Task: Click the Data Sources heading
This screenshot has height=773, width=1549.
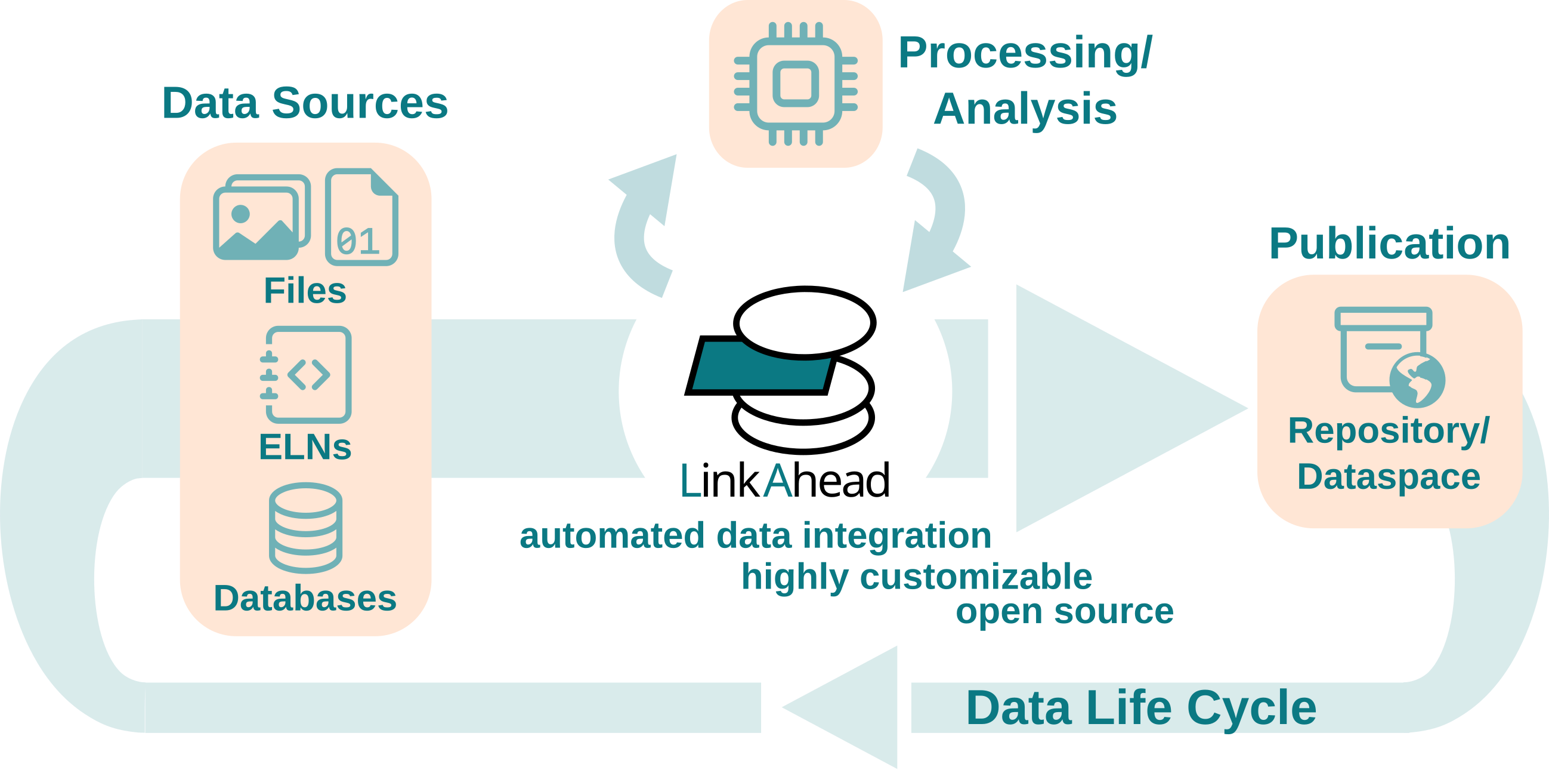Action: click(x=305, y=103)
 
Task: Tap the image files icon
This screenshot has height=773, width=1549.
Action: click(x=262, y=217)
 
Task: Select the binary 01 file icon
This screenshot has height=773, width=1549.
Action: click(x=361, y=217)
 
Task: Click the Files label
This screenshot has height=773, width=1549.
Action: click(x=305, y=291)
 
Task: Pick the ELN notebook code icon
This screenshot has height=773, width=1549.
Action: click(x=306, y=375)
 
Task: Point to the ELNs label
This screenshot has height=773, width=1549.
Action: click(x=305, y=448)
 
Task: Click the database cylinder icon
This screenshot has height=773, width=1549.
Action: click(x=305, y=528)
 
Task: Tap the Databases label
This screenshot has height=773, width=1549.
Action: click(x=305, y=599)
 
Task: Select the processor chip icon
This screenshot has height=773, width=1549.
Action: click(x=796, y=84)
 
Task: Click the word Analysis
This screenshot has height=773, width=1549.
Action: click(x=1025, y=109)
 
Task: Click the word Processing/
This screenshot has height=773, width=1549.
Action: click(x=1025, y=53)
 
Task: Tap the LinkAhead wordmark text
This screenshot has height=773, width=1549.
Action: click(x=785, y=481)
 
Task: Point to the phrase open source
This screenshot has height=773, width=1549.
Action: click(x=1064, y=612)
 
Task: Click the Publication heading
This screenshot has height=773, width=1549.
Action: click(x=1390, y=244)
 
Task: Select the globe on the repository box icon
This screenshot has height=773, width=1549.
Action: click(x=1417, y=381)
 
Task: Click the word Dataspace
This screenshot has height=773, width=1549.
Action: click(x=1389, y=478)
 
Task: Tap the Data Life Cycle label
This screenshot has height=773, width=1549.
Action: click(x=1141, y=709)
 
